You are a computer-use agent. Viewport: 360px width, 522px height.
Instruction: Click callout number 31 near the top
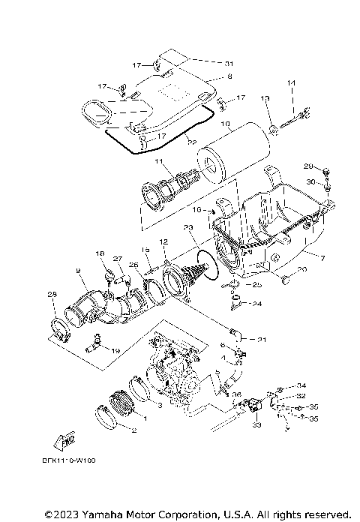pyautogui.click(x=229, y=62)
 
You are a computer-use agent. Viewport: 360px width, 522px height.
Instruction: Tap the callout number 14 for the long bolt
pyautogui.click(x=292, y=82)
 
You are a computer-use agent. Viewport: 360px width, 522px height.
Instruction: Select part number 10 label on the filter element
pyautogui.click(x=225, y=124)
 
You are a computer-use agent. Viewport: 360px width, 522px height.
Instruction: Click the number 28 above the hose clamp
pyautogui.click(x=52, y=294)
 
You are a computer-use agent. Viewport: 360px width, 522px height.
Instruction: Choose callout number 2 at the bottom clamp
pyautogui.click(x=133, y=430)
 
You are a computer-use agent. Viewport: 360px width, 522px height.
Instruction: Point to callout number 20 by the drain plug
pyautogui.click(x=302, y=269)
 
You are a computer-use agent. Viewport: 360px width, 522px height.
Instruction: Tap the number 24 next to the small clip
pyautogui.click(x=256, y=304)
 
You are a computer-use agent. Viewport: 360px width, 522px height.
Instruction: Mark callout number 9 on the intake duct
pyautogui.click(x=77, y=270)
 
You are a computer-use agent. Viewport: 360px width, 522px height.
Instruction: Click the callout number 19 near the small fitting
pyautogui.click(x=115, y=350)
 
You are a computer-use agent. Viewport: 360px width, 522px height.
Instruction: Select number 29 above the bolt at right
pyautogui.click(x=307, y=166)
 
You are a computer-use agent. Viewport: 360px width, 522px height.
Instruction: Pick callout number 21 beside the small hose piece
pyautogui.click(x=262, y=340)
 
